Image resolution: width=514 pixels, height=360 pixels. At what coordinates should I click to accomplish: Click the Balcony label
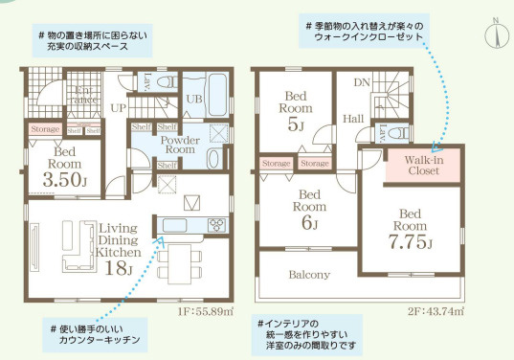309,275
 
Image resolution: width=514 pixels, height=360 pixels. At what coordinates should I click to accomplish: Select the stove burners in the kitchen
213,226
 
